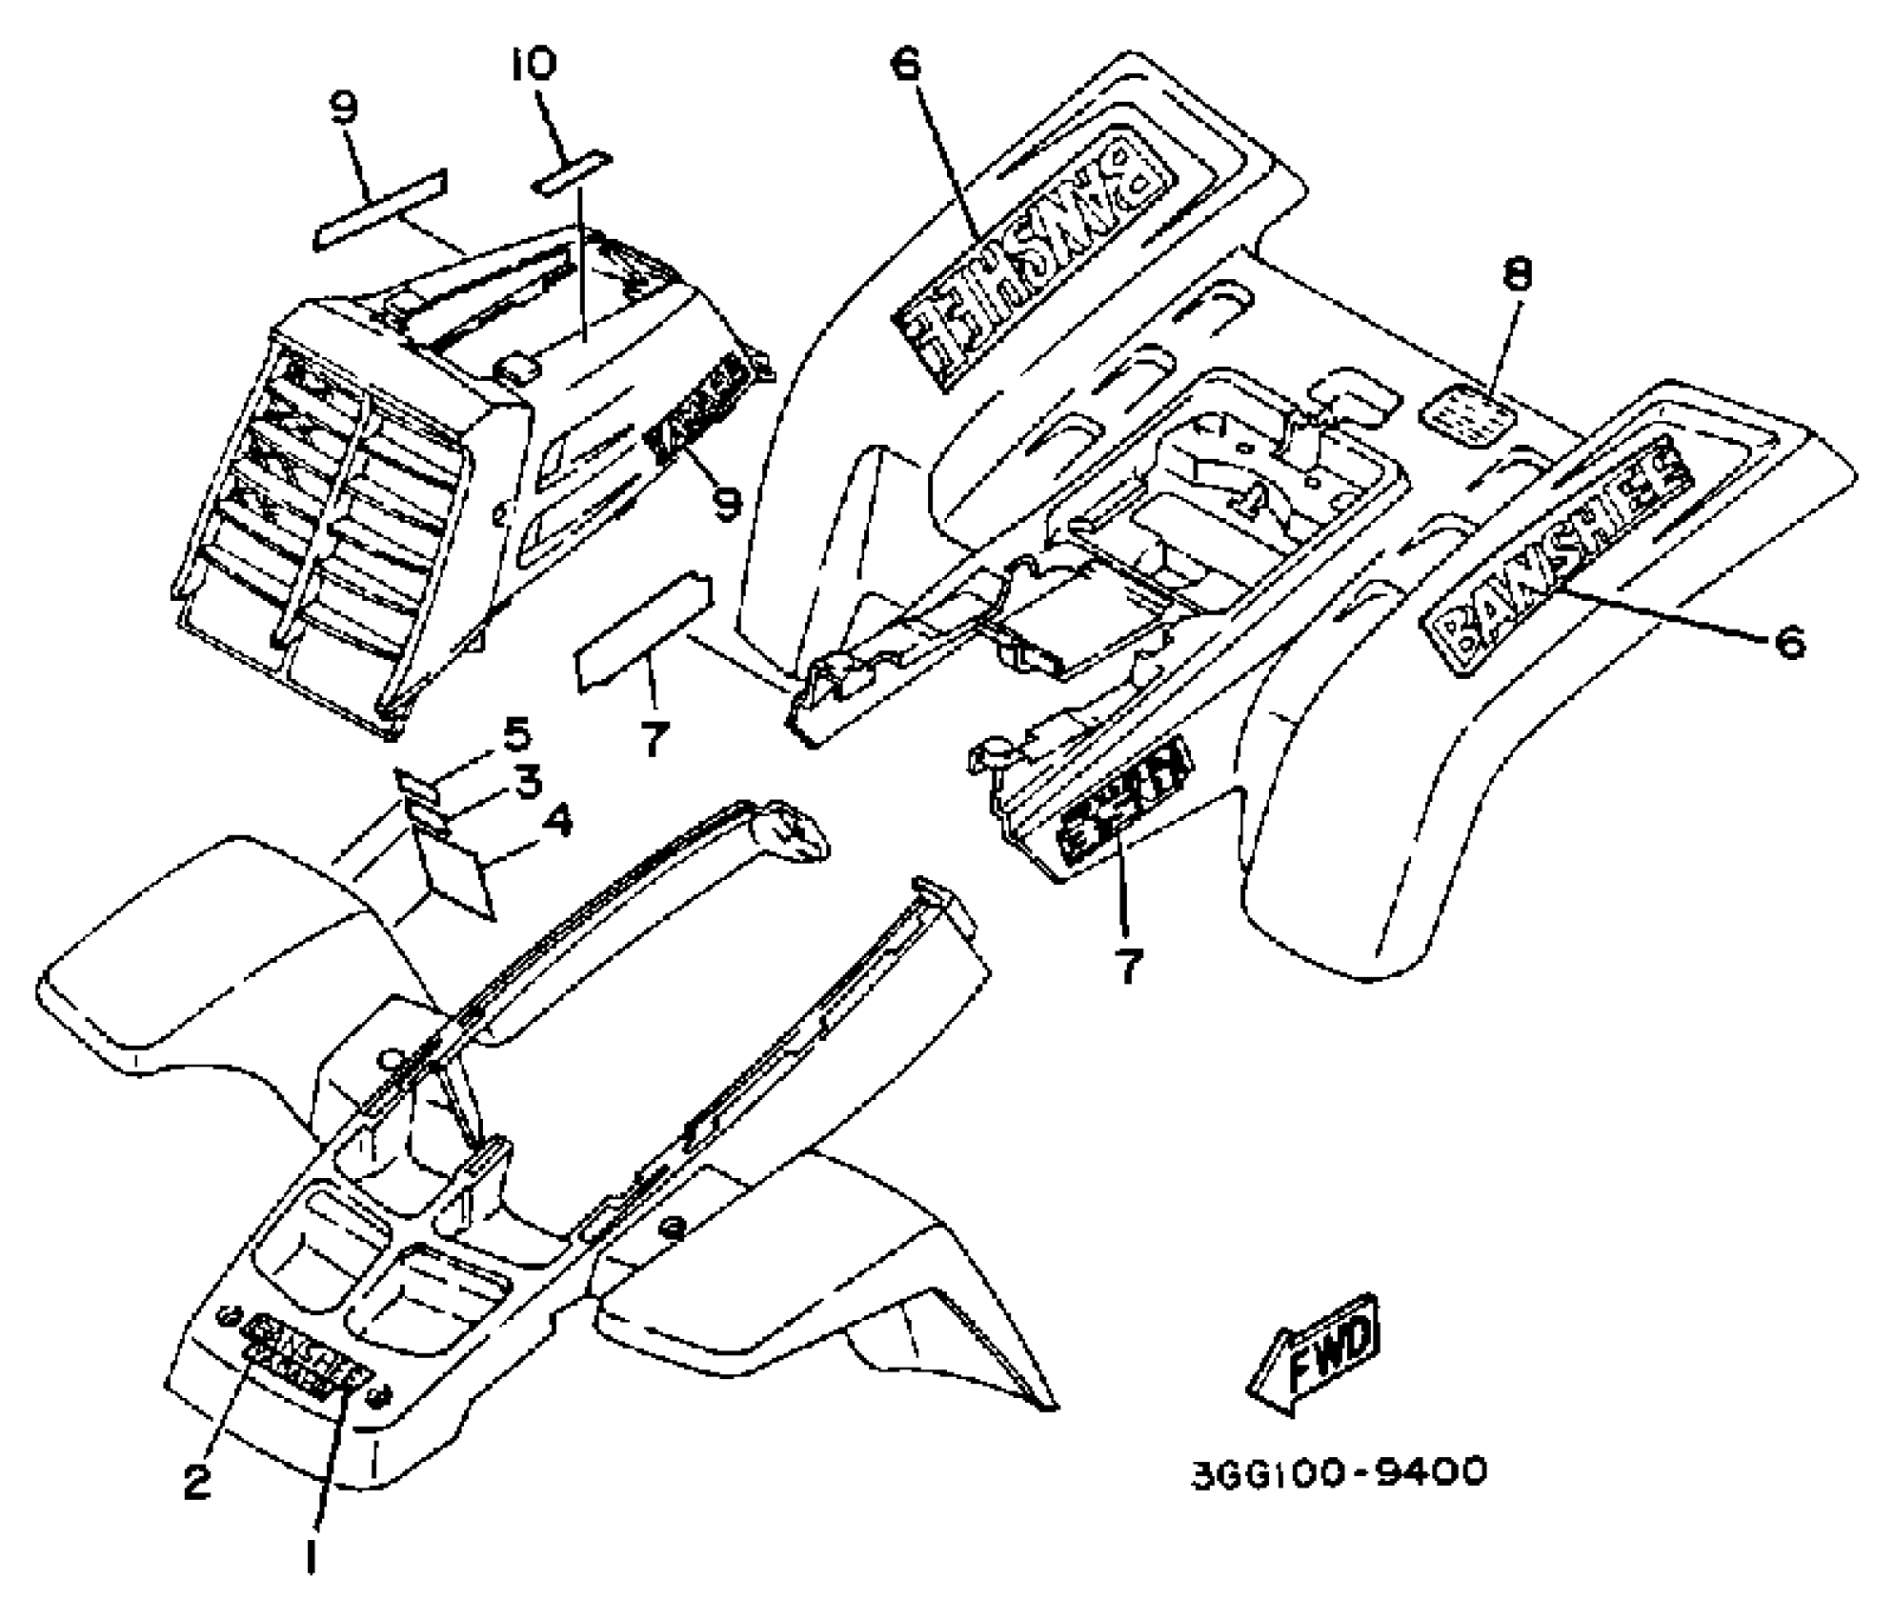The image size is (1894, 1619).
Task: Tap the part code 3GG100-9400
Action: (1339, 1472)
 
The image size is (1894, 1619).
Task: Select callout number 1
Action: (311, 1557)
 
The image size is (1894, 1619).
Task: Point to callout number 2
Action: (196, 1482)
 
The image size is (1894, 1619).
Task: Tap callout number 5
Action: (515, 736)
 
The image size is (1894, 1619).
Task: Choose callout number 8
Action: (1518, 276)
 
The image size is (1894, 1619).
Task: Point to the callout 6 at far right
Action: (1788, 643)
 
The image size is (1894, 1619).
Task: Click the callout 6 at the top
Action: (905, 65)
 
